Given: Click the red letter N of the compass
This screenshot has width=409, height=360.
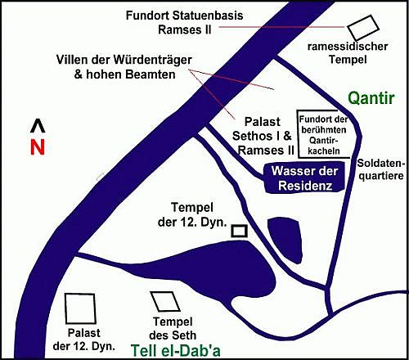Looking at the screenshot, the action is [x=38, y=147].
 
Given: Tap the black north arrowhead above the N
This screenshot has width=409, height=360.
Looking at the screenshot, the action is [x=38, y=126].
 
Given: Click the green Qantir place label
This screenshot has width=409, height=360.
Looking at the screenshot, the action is [x=371, y=98].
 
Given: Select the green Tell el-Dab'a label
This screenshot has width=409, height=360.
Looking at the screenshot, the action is [x=176, y=351].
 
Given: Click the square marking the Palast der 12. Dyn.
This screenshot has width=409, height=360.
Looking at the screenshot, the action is [x=66, y=308].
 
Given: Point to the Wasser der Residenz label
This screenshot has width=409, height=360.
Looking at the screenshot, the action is [x=305, y=178].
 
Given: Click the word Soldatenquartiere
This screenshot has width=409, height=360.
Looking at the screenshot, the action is [x=380, y=169].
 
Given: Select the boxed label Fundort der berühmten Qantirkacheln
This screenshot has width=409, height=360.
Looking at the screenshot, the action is [x=323, y=135].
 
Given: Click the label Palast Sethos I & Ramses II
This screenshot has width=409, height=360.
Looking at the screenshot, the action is [x=263, y=136].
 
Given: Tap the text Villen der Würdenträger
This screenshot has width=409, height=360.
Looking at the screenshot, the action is [x=124, y=60].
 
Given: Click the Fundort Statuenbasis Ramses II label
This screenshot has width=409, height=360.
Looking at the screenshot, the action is [x=185, y=22].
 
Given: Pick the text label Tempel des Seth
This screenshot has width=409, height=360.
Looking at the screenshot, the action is [x=173, y=328].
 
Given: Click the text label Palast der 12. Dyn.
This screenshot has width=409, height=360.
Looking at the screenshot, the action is [x=84, y=340].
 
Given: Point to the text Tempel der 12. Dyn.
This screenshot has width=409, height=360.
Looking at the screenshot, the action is [x=192, y=215].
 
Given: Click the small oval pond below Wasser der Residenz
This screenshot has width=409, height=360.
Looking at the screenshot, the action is [x=285, y=240].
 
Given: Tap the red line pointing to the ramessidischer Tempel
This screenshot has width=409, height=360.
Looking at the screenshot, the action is [x=282, y=27].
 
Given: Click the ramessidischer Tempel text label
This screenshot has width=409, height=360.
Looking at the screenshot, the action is [x=348, y=53].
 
